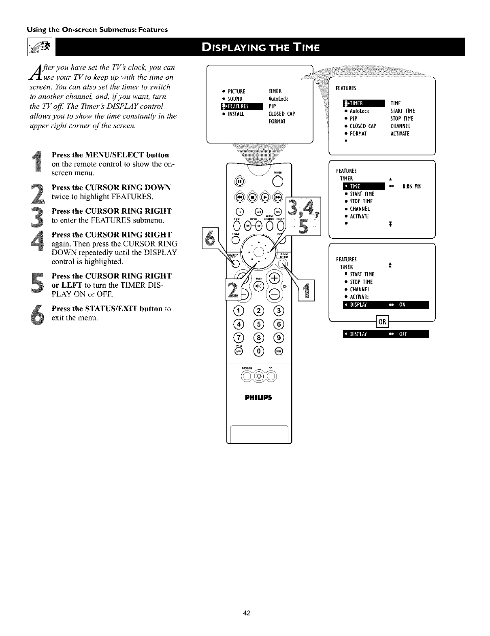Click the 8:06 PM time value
point(411,187)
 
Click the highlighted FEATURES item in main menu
point(241,106)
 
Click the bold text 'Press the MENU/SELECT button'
point(111,155)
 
